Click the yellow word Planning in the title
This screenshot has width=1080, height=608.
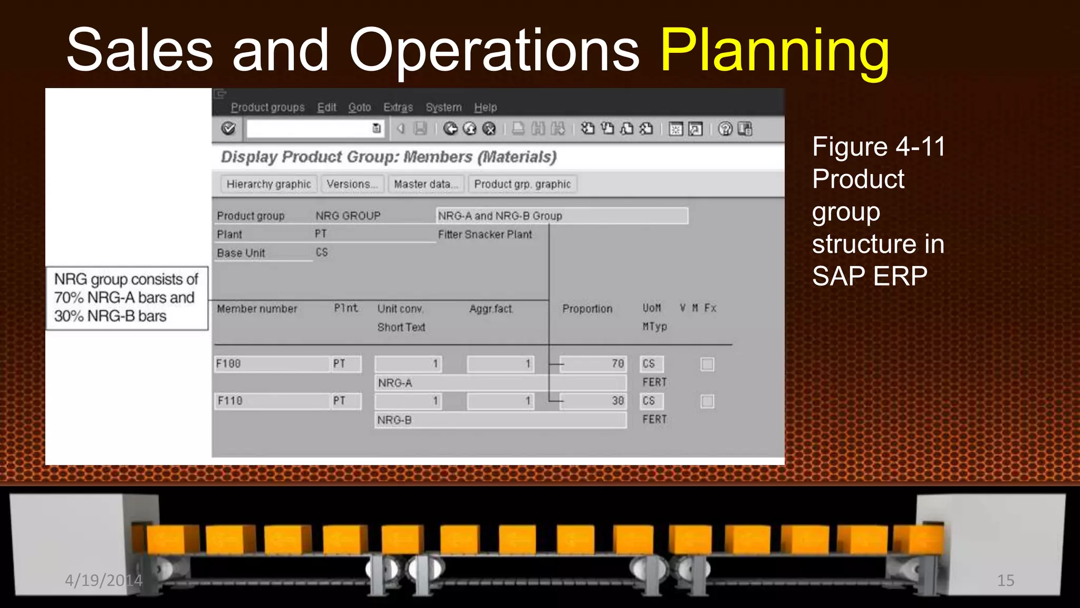[x=774, y=51]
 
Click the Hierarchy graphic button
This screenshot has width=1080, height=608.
[x=268, y=184]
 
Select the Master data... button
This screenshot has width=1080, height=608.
[x=426, y=184]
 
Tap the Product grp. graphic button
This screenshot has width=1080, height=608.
[x=522, y=184]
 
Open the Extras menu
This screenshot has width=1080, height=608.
[x=398, y=107]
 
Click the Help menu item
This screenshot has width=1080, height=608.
[x=485, y=107]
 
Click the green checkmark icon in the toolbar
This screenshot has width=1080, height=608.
[x=228, y=128]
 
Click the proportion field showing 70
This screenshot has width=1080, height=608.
[x=593, y=364]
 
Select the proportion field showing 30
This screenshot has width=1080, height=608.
[x=593, y=401]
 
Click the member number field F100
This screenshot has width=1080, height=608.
[x=272, y=364]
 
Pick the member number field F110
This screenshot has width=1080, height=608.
[x=272, y=401]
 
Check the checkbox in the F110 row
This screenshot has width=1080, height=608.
[x=707, y=402]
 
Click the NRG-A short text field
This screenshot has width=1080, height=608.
[x=500, y=383]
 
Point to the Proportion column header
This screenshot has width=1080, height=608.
[x=587, y=309]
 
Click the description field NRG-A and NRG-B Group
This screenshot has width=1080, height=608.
[x=562, y=216]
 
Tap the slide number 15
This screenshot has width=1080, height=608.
[x=1005, y=581]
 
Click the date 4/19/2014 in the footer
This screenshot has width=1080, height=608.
[x=103, y=581]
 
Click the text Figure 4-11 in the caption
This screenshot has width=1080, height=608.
[x=879, y=147]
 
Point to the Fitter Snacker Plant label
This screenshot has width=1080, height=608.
[x=485, y=234]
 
